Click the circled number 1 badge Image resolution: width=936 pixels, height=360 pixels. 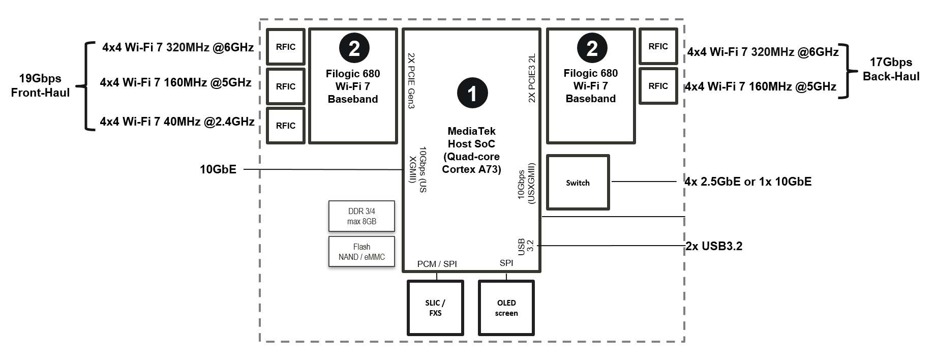pos(472,93)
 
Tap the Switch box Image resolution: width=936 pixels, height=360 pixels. pos(578,183)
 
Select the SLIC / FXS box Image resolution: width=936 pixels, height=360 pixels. pos(435,308)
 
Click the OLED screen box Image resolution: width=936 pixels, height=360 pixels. pos(506,308)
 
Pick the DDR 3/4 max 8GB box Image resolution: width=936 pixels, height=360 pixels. pos(361,216)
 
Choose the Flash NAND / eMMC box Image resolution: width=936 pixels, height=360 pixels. pos(361,252)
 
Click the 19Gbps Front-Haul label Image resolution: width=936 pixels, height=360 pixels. pos(40,85)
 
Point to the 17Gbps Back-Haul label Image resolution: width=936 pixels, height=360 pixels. pos(891,69)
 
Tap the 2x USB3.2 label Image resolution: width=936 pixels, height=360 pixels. pos(714,246)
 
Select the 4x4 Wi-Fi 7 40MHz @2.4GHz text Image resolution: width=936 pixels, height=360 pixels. pos(177,122)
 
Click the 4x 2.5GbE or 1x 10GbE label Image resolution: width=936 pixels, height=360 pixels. pos(748,182)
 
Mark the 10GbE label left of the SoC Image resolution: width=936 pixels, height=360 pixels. pos(218,169)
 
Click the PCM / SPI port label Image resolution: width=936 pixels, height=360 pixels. pos(437,264)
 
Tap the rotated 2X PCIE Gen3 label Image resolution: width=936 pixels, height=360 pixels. pos(412,81)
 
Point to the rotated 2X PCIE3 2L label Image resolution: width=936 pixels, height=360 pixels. pos(532,78)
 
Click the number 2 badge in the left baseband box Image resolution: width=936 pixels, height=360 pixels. pos(354,48)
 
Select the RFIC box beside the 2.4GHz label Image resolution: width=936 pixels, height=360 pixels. pos(286,126)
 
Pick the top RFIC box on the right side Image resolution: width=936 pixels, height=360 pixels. pos(658,46)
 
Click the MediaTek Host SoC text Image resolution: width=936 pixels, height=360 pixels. pos(471,137)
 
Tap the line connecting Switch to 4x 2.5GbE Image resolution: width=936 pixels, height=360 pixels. pos(644,181)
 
